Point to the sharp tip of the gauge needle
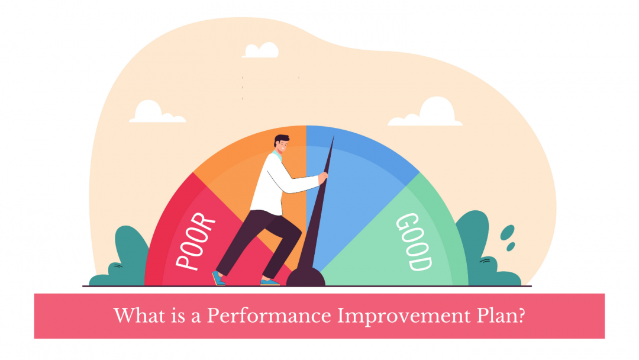[333, 137]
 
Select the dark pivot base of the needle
[306, 277]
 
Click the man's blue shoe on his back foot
[220, 278]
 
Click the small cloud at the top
[260, 51]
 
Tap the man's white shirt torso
[269, 184]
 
